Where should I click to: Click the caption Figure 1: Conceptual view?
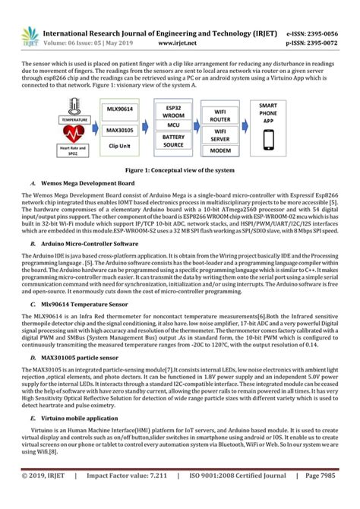coord(180,172)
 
